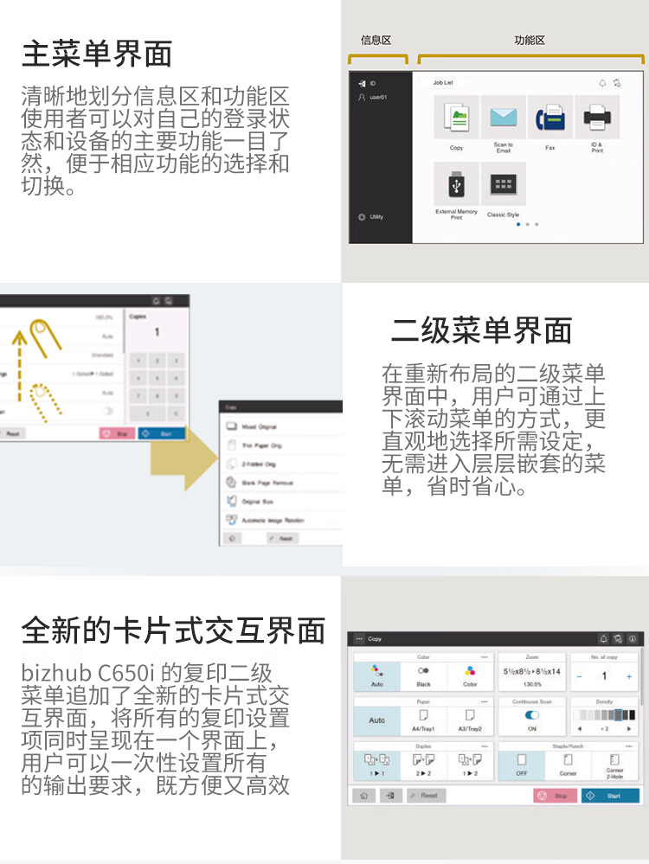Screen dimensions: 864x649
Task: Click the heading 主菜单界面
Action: pos(97,54)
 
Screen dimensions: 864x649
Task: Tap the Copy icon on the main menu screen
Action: pos(456,118)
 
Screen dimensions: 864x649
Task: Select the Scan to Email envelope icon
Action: pos(503,118)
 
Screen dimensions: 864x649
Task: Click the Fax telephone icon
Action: pos(549,118)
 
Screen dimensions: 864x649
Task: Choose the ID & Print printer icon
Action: pos(596,118)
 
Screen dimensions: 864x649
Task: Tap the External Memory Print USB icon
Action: pos(456,183)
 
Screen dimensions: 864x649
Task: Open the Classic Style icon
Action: pos(503,183)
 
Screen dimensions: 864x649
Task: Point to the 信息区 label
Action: pos(376,41)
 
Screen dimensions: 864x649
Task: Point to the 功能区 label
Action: pos(529,41)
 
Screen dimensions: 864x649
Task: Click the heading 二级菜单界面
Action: pos(482,331)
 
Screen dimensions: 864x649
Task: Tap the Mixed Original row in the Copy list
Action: pos(259,427)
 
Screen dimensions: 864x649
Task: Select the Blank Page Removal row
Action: pos(266,483)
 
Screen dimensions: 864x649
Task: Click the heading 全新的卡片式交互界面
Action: pos(173,630)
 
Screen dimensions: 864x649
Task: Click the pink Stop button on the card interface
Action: pos(554,795)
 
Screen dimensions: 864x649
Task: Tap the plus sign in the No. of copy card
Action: pos(629,676)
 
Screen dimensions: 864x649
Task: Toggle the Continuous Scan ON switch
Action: pos(532,715)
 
